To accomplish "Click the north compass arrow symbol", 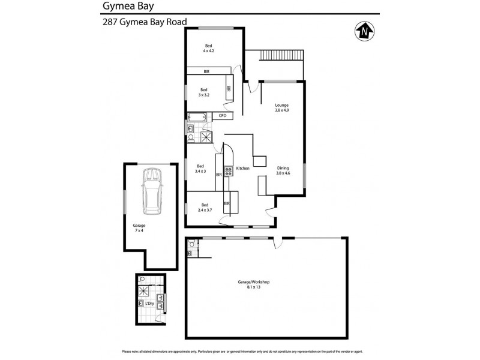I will pos(362,30).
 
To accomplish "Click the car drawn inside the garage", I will pos(151,191).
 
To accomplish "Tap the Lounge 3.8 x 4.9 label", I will pos(282,108).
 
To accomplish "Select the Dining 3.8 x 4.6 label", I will pos(283,170).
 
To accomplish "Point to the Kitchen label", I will pos(242,169).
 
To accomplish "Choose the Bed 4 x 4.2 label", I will pos(209,49).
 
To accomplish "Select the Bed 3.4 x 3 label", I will pos(200,169).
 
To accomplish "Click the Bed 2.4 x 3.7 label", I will pos(205,207).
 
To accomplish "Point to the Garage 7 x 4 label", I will pos(139,228).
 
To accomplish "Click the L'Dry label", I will pos(150,304).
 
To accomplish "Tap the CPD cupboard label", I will pos(222,115).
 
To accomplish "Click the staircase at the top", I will pos(281,55).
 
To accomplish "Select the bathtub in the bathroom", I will pos(197,117).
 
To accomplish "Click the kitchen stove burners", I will pos(228,172).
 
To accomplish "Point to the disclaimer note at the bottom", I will pos(240,351).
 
